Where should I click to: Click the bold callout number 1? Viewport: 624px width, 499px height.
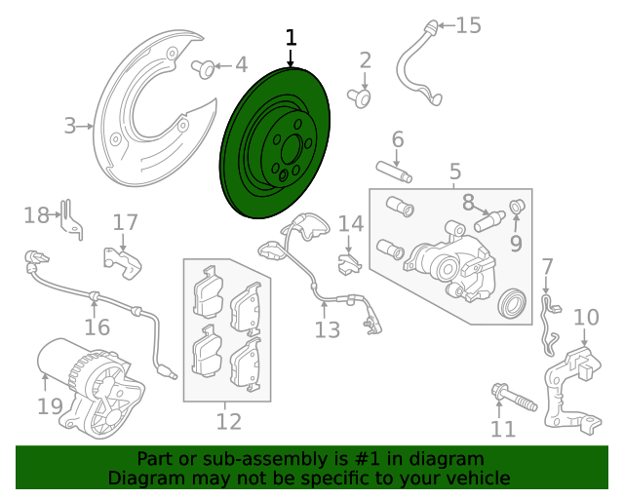[x=292, y=37]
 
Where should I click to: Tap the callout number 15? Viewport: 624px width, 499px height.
[x=468, y=25]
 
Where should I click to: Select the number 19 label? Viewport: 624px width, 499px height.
[x=50, y=406]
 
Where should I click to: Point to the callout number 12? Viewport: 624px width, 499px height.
[x=229, y=422]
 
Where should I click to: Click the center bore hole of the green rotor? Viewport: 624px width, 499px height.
[x=291, y=149]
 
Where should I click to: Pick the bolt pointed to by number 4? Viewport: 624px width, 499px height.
[x=204, y=69]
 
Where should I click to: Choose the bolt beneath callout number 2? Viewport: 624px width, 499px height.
[x=360, y=98]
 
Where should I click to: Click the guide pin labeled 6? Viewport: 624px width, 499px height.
[x=394, y=172]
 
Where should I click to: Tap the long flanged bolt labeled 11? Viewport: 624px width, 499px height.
[x=515, y=400]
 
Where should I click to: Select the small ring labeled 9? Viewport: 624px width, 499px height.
[x=518, y=207]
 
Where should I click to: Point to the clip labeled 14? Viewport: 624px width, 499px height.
[x=349, y=264]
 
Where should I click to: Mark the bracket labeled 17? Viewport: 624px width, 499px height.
[x=123, y=262]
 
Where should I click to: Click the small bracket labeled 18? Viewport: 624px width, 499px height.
[x=71, y=221]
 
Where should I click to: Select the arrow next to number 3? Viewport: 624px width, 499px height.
[x=85, y=127]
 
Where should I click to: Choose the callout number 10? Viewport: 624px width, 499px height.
[x=586, y=318]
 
